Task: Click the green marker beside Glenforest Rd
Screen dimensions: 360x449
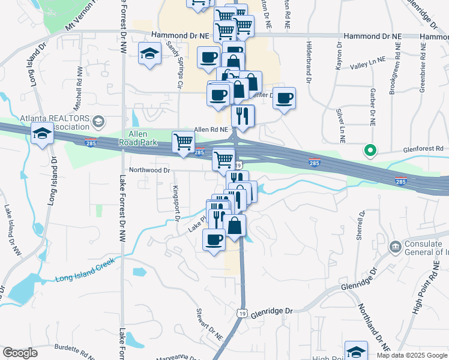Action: (370, 151)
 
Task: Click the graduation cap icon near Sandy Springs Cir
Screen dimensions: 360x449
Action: (149, 54)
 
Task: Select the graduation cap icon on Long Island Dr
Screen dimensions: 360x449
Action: (43, 134)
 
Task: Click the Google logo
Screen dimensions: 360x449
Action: (20, 353)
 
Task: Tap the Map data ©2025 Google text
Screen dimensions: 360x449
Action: (412, 355)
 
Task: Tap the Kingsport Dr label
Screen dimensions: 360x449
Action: (176, 203)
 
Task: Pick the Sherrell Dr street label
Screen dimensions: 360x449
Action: (361, 226)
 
